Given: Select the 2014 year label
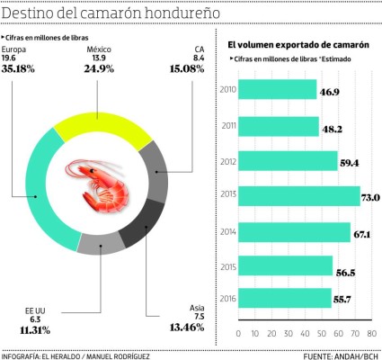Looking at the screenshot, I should point(227,231).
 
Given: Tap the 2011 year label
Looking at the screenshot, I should point(227,127).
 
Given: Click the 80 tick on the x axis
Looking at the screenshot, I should point(371,332).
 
